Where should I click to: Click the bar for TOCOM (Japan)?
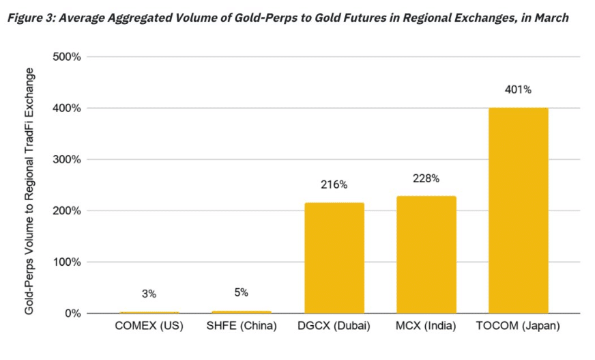coord(518,210)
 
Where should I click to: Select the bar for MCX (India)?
coord(426,254)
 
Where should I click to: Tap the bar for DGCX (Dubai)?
coord(334,258)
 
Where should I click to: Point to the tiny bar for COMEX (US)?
coord(149,312)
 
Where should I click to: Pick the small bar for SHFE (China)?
coord(242,311)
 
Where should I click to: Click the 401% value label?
coord(519,89)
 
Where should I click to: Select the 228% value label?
coord(426,178)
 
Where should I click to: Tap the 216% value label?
coord(334,184)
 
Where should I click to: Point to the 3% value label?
coord(149,294)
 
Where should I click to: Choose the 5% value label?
coord(242,292)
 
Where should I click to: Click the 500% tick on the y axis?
coord(67,57)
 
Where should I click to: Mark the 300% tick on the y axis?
coord(67,159)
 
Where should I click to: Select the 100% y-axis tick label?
coord(67,262)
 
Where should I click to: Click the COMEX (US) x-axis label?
coord(149,327)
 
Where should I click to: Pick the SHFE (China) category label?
coord(242,327)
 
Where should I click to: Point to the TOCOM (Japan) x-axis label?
coord(519,327)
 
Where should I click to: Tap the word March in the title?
coord(550,18)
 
